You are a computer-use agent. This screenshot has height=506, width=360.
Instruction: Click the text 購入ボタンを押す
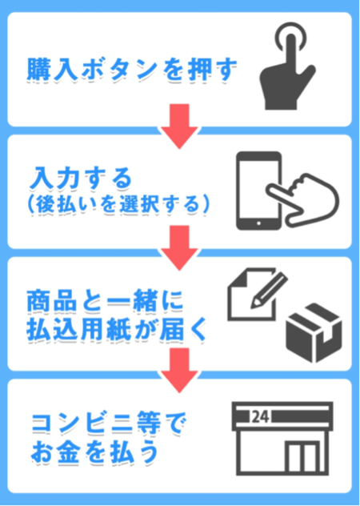(132, 70)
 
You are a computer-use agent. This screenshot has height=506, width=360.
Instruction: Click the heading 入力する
(81, 178)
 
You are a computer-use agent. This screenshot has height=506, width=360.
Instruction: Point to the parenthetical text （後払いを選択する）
(118, 204)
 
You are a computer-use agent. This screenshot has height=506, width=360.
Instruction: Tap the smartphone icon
(259, 191)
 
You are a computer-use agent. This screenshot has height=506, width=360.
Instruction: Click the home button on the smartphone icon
(258, 223)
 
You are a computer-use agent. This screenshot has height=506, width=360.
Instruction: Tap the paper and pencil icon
(258, 295)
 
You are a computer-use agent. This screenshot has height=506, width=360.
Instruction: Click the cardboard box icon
(314, 333)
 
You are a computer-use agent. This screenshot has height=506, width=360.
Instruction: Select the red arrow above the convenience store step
(179, 371)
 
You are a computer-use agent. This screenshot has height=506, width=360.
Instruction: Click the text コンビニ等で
(109, 423)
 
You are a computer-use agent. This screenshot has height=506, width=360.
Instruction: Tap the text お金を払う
(95, 452)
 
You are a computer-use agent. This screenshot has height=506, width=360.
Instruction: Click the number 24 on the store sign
(261, 416)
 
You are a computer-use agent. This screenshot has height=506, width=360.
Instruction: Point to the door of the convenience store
(302, 457)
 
